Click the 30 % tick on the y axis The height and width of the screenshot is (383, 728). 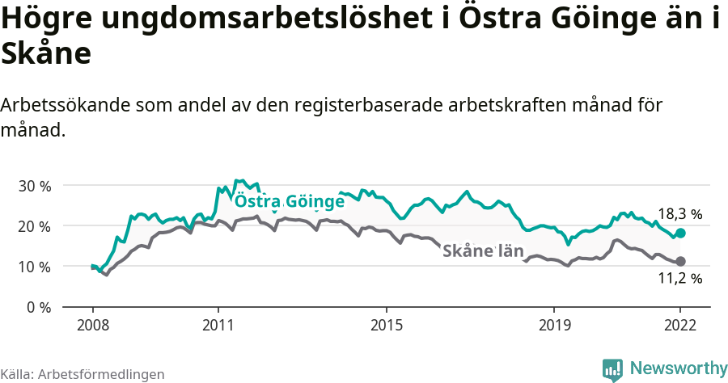[34, 186]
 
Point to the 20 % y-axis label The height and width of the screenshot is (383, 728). [34, 226]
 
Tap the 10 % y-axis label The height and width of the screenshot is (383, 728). [34, 267]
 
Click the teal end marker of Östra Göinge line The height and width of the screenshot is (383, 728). [680, 233]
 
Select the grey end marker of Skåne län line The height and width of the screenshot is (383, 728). [680, 261]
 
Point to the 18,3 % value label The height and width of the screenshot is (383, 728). [679, 214]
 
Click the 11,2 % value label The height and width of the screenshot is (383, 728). [679, 279]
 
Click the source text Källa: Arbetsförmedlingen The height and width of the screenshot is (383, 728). [83, 374]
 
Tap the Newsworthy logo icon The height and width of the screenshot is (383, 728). [612, 369]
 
